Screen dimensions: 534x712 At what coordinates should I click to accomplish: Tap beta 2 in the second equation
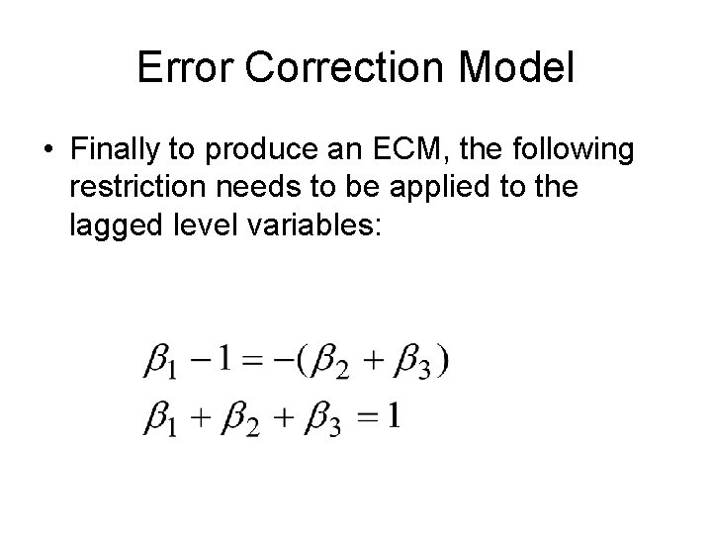(240, 419)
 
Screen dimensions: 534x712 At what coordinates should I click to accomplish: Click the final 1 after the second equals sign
(393, 416)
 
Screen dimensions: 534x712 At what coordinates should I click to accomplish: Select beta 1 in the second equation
(159, 419)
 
